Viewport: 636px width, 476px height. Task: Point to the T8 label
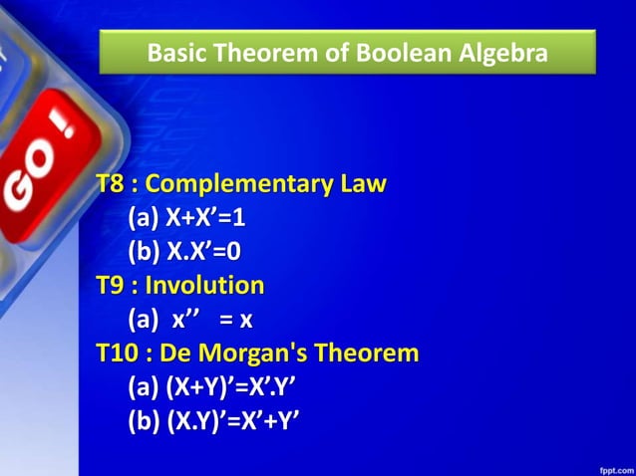pos(113,185)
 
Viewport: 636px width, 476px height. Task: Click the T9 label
pos(113,286)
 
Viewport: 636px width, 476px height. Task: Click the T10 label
pos(120,354)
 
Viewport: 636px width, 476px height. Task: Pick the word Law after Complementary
pos(363,185)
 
